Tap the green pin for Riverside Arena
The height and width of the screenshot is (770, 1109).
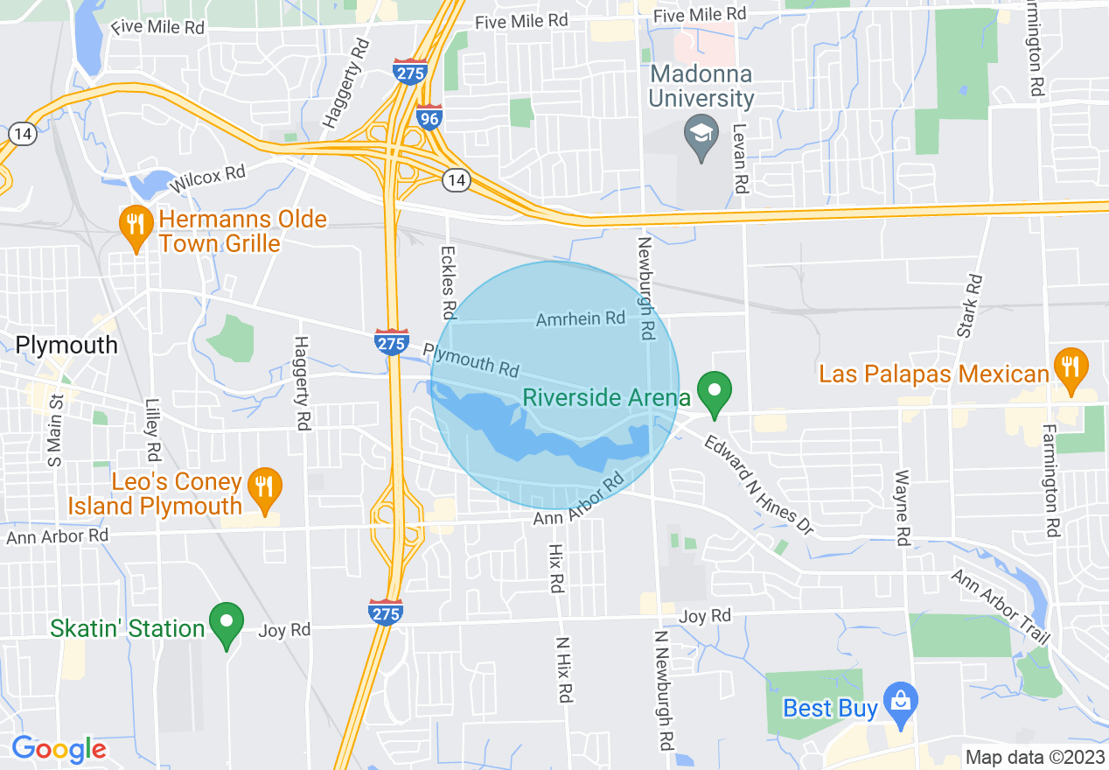click(715, 393)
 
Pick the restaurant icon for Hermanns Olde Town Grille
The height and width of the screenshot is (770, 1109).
click(135, 226)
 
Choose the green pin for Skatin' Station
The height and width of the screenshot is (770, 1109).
click(227, 623)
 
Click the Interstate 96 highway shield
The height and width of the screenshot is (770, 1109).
click(429, 117)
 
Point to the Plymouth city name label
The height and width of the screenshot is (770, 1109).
click(67, 345)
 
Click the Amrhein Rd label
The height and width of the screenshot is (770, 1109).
click(581, 318)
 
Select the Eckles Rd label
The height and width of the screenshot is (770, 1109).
click(449, 282)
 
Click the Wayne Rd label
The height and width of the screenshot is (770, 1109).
click(901, 507)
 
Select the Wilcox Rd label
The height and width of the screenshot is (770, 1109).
click(209, 178)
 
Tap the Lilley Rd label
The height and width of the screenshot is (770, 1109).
click(153, 430)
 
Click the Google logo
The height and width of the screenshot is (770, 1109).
click(59, 749)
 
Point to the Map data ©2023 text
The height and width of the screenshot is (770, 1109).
click(1031, 757)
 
